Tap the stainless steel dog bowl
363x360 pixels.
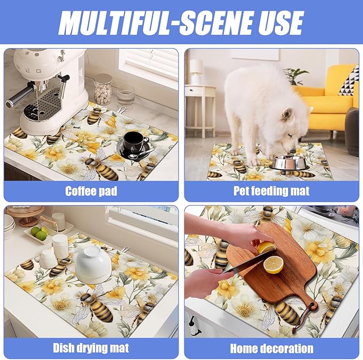tap(289, 162)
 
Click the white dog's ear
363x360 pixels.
tap(287, 114)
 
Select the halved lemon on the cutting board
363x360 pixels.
tap(273, 265)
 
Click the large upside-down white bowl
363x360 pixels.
tap(94, 264)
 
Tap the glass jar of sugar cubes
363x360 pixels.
tap(103, 89)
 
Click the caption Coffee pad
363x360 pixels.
tap(91, 191)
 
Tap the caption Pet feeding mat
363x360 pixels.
tap(272, 191)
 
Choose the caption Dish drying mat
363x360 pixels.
tap(91, 348)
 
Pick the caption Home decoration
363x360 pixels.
tap(272, 348)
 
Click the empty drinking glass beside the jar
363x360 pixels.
tap(126, 96)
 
